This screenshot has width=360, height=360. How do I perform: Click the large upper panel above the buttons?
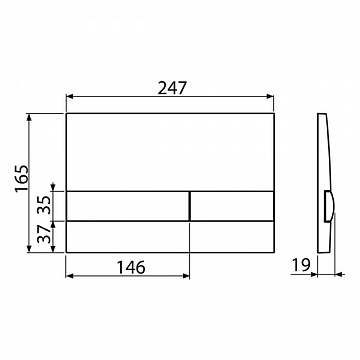pos(171,150)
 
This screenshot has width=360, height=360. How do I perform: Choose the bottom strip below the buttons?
pos(171,236)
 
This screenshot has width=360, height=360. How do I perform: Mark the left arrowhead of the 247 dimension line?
pos(71,98)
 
